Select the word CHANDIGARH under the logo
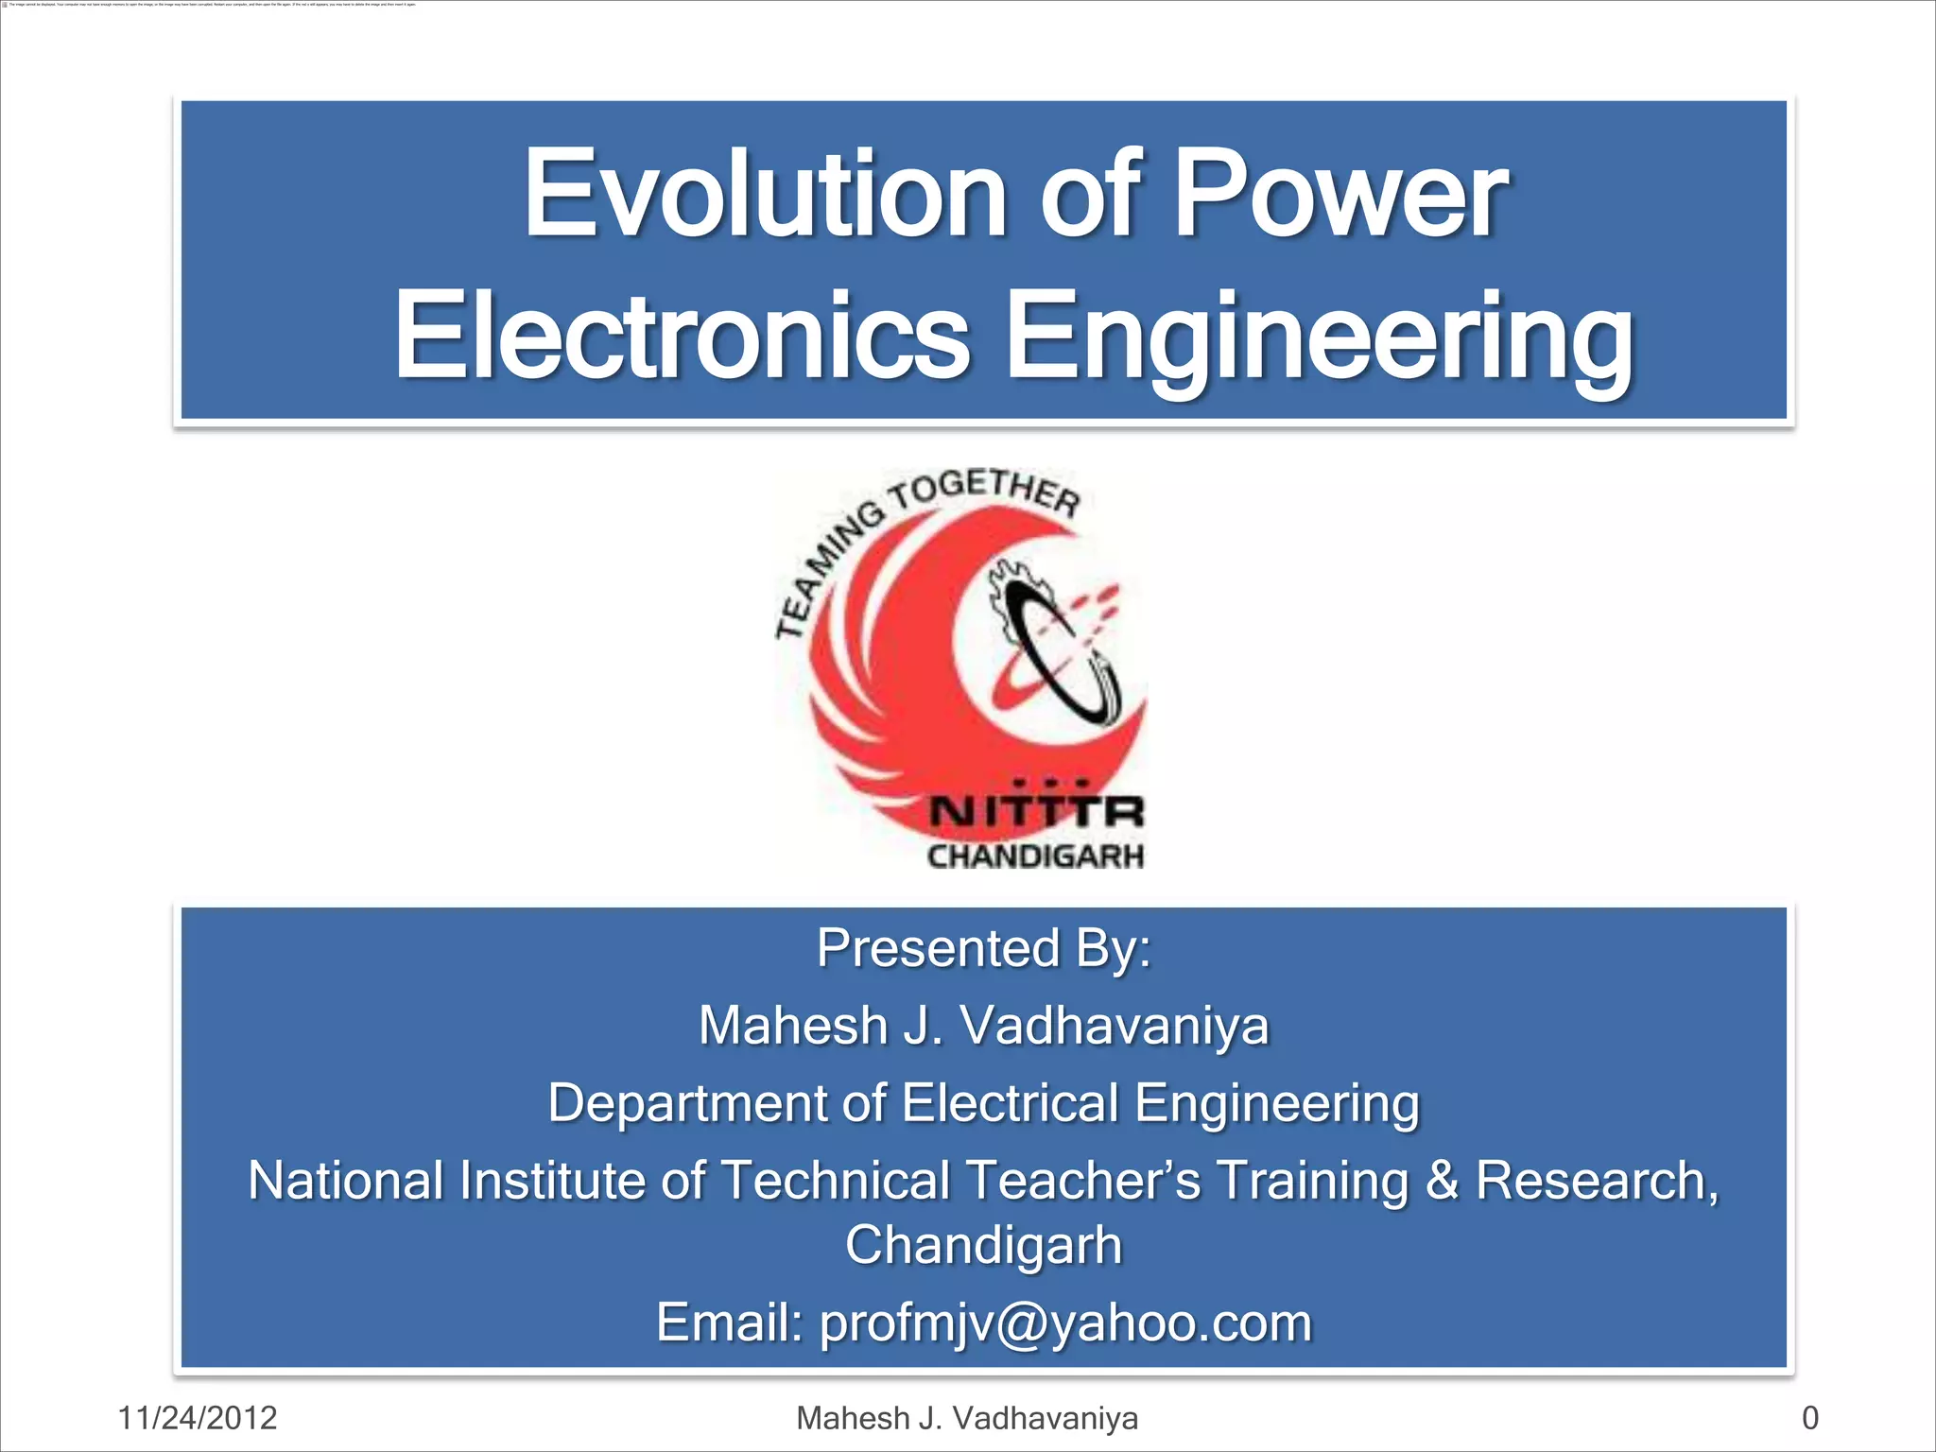point(1036,856)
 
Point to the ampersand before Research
point(1441,1181)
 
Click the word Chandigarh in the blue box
point(983,1245)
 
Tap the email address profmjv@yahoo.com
point(1065,1322)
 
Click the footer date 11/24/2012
point(198,1418)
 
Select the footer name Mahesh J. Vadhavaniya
point(967,1418)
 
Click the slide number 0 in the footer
point(1809,1418)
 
